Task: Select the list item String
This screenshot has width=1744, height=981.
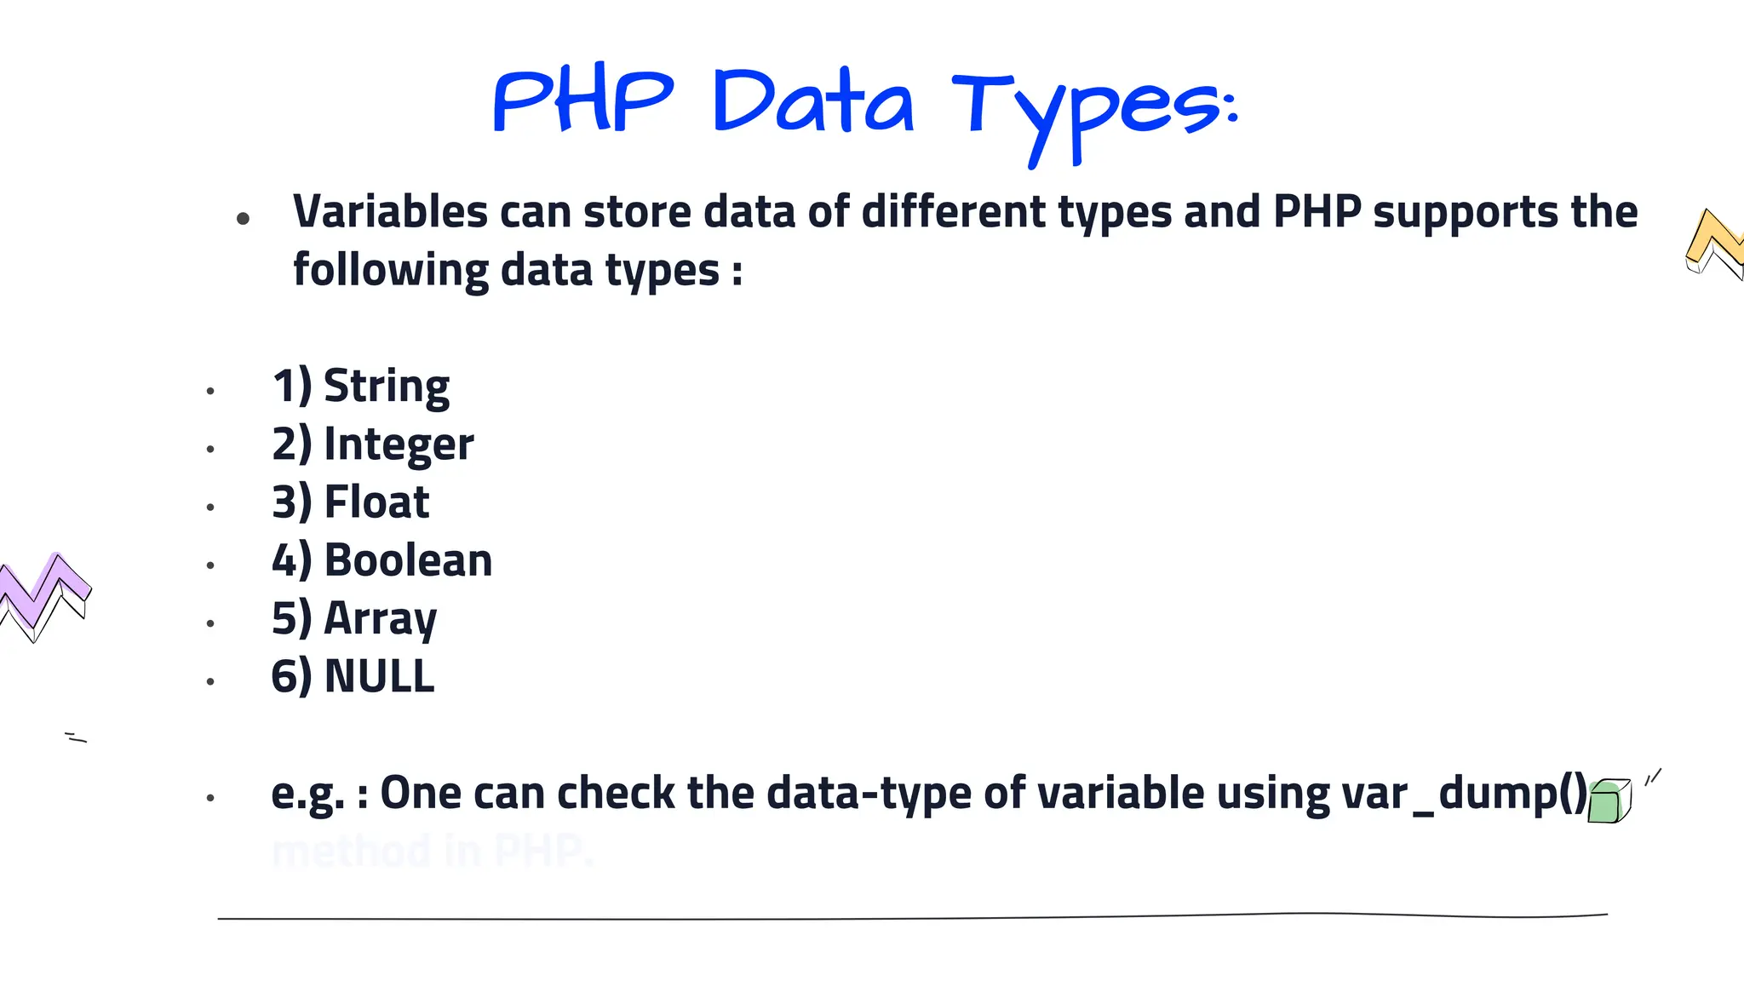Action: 387,387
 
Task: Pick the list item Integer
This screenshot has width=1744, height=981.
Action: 399,445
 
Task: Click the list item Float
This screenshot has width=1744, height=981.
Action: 376,502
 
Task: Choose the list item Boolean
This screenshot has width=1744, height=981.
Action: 408,560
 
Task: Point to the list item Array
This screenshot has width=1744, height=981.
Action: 380,619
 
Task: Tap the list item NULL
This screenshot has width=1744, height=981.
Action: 379,677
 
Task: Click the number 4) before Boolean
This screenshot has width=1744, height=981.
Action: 291,560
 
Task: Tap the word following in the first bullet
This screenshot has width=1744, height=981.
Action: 390,271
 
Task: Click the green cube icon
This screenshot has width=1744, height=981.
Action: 1609,801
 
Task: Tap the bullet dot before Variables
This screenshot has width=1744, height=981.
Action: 243,219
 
